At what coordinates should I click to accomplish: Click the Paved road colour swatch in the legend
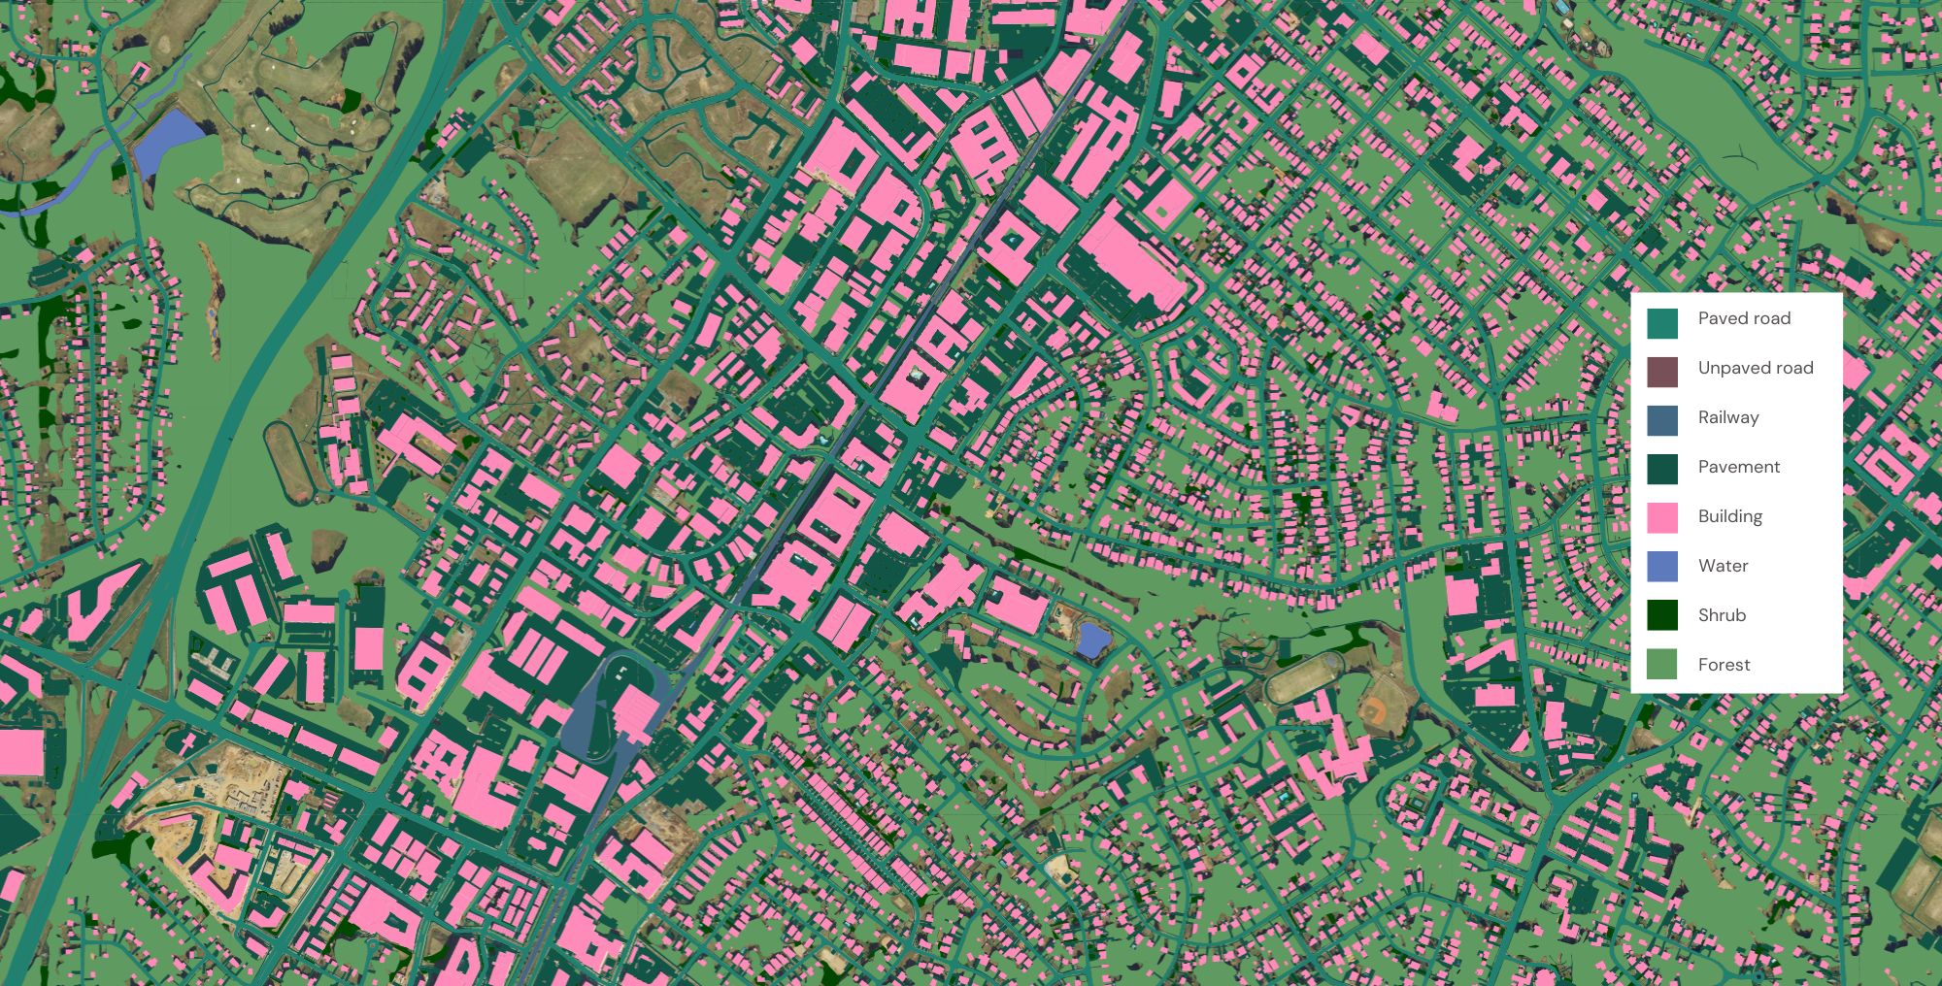point(1662,323)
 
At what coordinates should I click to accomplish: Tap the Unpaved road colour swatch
point(1662,373)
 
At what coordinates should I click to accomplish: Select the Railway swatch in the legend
point(1662,421)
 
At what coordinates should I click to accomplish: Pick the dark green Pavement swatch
point(1662,470)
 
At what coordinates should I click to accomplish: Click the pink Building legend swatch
point(1662,518)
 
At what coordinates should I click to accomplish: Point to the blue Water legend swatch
point(1662,567)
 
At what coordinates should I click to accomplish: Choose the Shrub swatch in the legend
point(1662,615)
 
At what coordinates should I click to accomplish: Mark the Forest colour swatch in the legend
point(1662,665)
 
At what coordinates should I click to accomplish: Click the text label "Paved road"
point(1744,318)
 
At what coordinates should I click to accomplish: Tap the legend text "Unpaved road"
point(1756,368)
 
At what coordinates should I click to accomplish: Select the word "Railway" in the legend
point(1728,417)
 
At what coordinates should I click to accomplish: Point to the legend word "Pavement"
point(1739,467)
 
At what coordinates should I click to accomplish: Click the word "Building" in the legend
point(1730,516)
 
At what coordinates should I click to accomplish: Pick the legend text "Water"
point(1724,566)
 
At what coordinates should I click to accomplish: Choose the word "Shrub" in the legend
point(1723,615)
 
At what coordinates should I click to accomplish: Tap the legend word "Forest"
point(1724,665)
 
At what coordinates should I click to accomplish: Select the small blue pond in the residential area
point(1093,640)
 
